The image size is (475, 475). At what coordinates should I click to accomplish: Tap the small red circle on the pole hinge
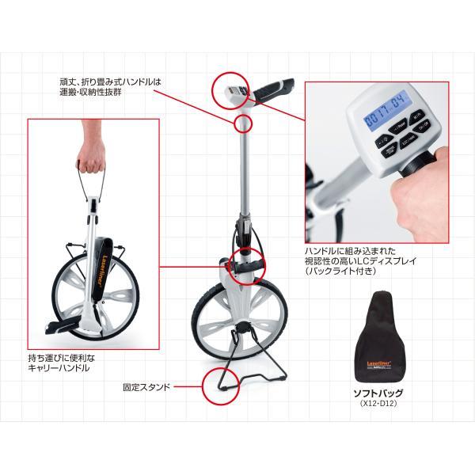[244, 123]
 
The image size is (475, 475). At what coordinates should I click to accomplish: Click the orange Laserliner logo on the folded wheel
[104, 274]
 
